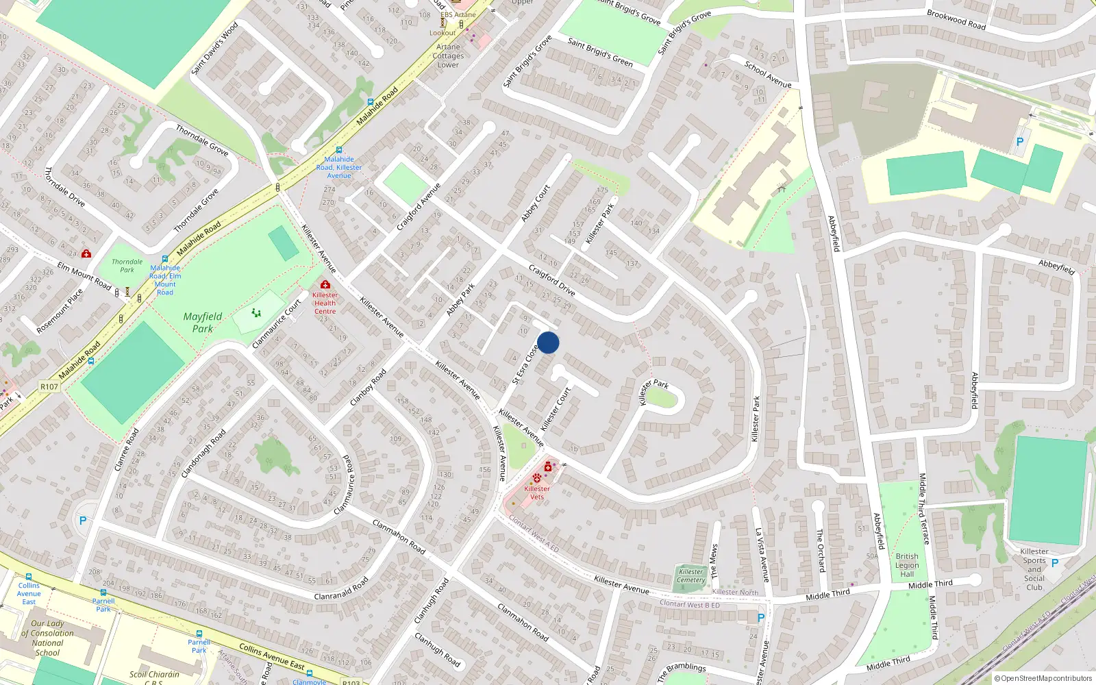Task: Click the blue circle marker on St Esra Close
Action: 548,342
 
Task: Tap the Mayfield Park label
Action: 202,323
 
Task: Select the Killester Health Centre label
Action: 325,303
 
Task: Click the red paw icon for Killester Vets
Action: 536,477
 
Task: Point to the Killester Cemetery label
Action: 690,576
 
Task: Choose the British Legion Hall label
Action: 907,565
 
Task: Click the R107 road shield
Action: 49,386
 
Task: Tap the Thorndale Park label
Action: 127,266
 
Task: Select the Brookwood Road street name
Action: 956,19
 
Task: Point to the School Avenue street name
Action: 768,75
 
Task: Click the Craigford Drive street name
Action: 551,280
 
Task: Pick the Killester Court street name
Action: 556,410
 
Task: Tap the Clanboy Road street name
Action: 368,388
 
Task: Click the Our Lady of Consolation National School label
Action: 47,638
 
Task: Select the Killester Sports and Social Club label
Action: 1034,569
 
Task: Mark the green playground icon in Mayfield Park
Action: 256,313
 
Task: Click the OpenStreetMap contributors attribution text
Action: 1043,679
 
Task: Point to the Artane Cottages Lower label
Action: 449,56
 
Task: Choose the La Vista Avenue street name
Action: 762,555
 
